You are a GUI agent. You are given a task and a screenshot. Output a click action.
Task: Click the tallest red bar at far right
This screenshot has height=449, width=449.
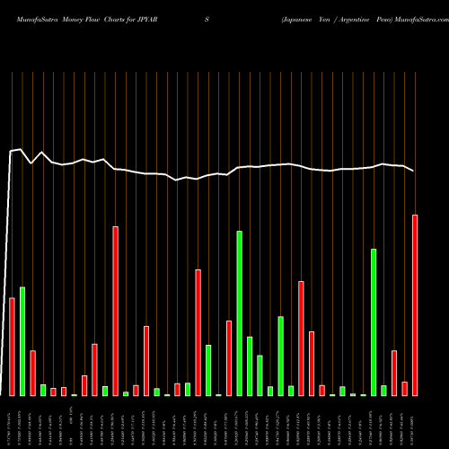tap(415, 305)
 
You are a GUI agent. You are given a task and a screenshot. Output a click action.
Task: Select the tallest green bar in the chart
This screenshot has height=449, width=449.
tap(240, 313)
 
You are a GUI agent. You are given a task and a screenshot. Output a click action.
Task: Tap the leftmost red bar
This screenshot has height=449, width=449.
tap(12, 347)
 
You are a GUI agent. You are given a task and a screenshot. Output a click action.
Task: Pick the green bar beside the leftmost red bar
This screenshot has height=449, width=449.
tap(22, 341)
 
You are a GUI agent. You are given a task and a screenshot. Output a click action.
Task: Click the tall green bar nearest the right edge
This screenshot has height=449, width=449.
tap(374, 322)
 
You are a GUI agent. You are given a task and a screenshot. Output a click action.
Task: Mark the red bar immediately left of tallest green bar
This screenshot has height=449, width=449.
tap(229, 358)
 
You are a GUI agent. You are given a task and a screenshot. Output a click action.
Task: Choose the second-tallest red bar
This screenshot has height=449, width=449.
tap(115, 311)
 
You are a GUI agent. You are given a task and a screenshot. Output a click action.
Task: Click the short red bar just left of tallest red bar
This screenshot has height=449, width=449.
tap(405, 389)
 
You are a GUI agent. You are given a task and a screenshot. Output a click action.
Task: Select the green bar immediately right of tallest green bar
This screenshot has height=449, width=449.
tap(250, 366)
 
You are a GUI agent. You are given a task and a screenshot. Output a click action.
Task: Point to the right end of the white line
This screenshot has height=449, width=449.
tap(414, 171)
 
